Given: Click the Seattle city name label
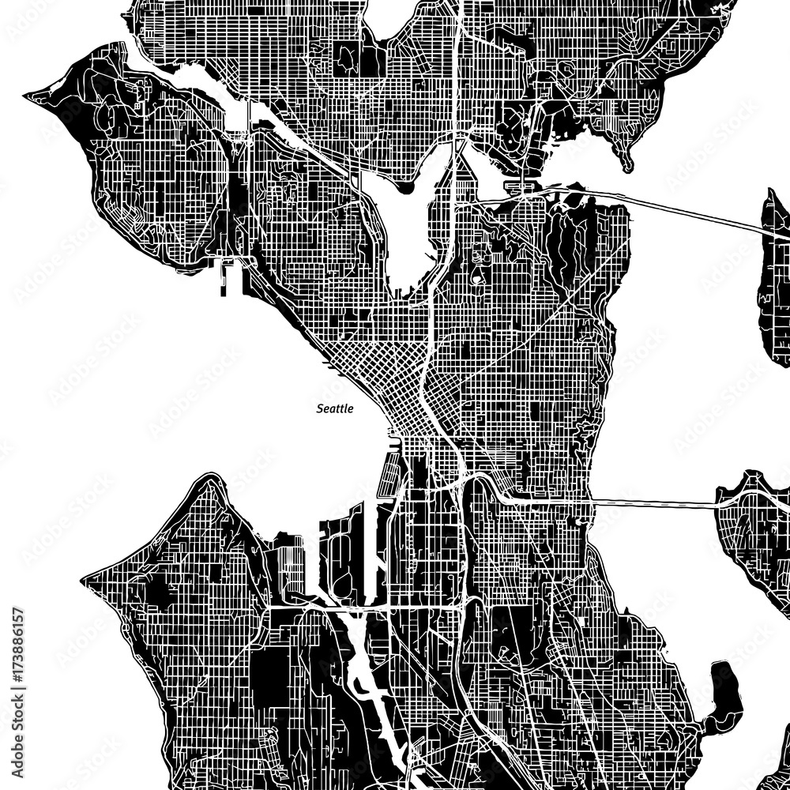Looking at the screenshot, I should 334,408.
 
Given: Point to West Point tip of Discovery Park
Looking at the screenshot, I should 32,96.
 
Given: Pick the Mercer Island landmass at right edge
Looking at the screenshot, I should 754,521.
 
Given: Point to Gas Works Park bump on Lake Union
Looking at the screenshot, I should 406,187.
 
